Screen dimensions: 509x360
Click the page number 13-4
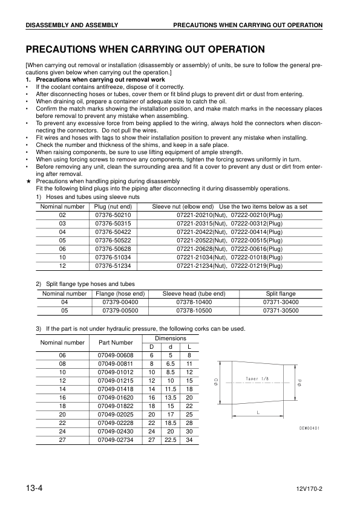[33, 487]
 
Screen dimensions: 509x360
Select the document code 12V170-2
[310, 488]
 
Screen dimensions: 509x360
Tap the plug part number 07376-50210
[113, 215]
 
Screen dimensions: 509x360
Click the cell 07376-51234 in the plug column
[113, 265]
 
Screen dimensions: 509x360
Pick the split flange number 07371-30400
[281, 302]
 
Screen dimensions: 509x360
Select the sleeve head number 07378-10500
[194, 310]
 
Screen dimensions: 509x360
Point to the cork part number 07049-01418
[116, 390]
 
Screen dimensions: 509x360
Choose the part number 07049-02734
[116, 441]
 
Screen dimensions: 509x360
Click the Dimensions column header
[171, 339]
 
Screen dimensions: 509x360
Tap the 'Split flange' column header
[281, 293]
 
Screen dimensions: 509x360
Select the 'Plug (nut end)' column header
[113, 206]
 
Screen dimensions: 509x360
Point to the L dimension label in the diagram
[258, 413]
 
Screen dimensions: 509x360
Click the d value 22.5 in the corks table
[171, 441]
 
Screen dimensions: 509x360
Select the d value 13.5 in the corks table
[171, 398]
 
